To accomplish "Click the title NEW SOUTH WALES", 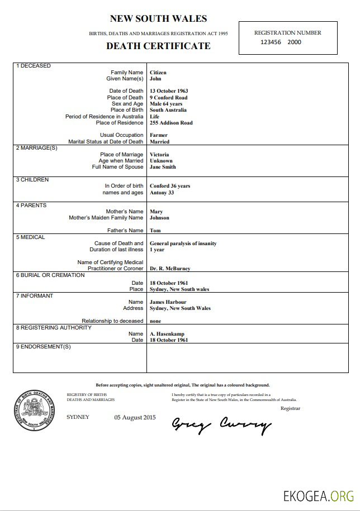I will (158, 19).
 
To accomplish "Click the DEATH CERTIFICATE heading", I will (158, 46).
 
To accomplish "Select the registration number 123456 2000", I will (281, 42).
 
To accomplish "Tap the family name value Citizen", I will (158, 73).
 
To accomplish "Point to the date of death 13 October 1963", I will (169, 91).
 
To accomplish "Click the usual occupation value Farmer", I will (159, 135).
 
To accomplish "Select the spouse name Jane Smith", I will (163, 167).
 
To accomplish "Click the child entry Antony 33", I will (162, 193).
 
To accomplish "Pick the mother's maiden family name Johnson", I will (159, 218).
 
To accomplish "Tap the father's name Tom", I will (155, 231).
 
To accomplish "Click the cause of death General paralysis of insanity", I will (183, 243).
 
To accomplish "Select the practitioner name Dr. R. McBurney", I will (170, 269).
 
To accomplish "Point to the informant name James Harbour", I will (168, 302).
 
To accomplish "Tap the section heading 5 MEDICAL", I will (31, 237).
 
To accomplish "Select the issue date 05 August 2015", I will (135, 417).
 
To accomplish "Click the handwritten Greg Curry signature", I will (221, 426).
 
